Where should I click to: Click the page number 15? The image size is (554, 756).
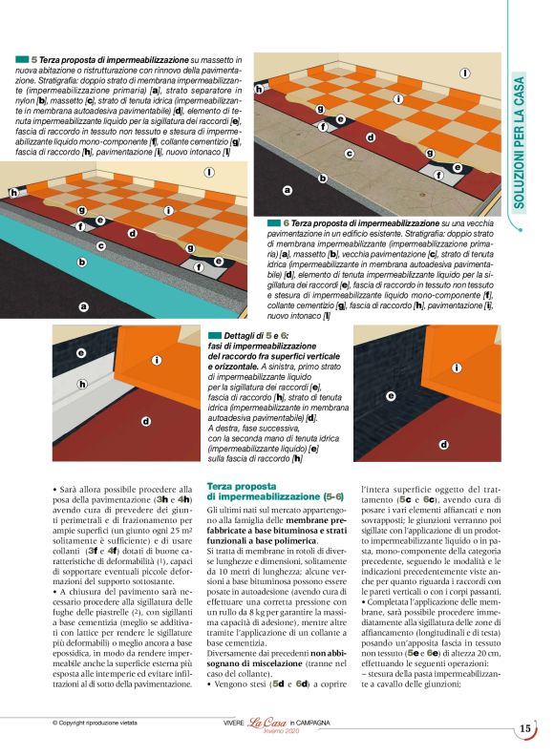coord(525,729)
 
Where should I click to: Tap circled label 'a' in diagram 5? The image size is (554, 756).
coord(83,306)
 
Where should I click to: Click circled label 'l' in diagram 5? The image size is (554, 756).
coord(235,171)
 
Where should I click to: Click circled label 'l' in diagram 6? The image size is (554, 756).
coord(465,73)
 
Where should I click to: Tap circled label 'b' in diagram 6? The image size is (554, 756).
coord(323,178)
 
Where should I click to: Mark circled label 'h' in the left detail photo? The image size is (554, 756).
coord(83,385)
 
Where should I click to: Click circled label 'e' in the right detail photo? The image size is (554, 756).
coord(391,395)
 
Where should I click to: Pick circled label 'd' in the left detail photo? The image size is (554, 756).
coord(145,421)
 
